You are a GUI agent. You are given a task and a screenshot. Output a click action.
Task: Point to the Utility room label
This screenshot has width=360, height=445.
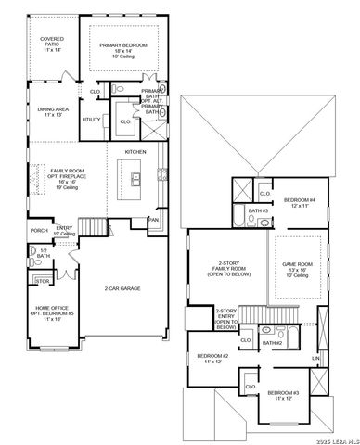[92, 120]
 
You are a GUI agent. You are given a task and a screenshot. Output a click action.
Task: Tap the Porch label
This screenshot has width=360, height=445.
[39, 231]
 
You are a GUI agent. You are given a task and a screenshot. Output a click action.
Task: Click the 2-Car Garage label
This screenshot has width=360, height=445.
[122, 288]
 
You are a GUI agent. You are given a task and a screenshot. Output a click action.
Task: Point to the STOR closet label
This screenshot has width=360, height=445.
[42, 279]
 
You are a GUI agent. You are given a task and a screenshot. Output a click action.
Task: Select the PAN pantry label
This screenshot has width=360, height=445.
[154, 220]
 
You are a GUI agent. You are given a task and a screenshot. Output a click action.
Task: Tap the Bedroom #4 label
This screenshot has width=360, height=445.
[300, 203]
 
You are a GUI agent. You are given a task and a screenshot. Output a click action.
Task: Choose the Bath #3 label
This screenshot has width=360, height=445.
[258, 211]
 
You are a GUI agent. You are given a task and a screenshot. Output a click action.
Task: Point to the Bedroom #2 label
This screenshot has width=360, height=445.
[212, 359]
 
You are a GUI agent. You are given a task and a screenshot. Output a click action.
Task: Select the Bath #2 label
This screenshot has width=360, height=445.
[271, 343]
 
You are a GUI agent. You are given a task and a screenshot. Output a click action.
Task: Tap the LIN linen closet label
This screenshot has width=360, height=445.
[315, 358]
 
